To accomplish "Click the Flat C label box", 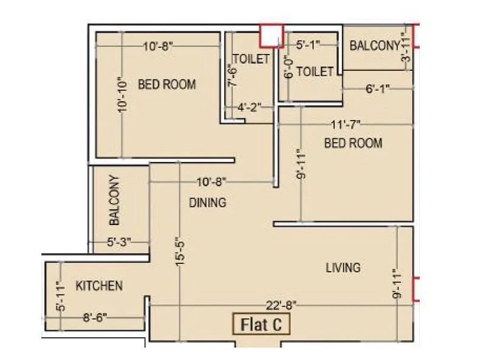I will point(262,325).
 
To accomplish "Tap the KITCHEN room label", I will point(99,286).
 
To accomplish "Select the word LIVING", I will point(343,267).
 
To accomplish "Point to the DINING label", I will point(207,203).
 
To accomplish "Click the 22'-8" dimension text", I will point(281,305).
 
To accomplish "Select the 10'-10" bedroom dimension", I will point(123,95).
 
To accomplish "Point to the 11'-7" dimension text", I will point(346,124).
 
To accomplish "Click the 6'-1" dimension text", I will point(377,89).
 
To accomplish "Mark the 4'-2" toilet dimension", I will point(249,108).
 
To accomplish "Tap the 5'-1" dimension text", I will point(308,44).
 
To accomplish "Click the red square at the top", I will point(271,35).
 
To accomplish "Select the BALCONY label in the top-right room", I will point(374,45).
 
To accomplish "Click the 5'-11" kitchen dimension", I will point(60,297).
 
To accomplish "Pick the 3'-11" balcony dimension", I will point(406,46).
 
